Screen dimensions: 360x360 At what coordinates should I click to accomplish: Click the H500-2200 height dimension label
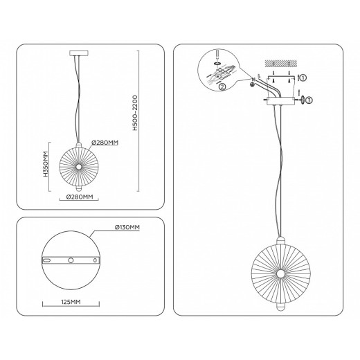coord(135,113)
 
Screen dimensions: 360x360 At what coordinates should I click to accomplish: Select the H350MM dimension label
coord(46,164)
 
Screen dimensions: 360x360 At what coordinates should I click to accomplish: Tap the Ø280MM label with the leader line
coord(105,143)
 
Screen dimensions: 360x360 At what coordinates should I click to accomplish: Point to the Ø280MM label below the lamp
coord(80,197)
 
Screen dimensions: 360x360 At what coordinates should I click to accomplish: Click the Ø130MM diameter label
coord(127,227)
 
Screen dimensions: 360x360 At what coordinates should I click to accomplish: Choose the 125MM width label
coord(71,302)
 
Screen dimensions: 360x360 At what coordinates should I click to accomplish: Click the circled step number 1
coord(303,78)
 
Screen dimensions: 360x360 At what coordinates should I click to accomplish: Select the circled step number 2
coord(222,87)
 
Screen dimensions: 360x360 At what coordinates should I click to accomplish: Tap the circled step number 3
coord(309,100)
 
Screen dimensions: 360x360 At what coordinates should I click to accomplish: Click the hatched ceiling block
coord(280,63)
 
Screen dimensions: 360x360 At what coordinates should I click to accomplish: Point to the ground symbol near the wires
coord(252,84)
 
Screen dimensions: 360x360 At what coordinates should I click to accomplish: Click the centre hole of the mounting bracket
coord(71,260)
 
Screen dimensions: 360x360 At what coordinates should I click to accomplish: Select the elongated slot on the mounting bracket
coord(47,260)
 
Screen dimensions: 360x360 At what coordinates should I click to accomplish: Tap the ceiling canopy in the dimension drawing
coord(79,53)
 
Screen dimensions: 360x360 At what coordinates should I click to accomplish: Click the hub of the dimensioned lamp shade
coord(79,166)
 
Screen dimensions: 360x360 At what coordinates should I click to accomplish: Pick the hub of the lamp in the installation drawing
coord(281,273)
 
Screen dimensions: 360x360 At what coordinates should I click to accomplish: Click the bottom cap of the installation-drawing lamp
coord(281,307)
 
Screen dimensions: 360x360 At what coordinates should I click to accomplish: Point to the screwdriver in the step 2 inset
coord(217,55)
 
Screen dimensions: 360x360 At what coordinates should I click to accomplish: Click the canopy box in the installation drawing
coord(281,101)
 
